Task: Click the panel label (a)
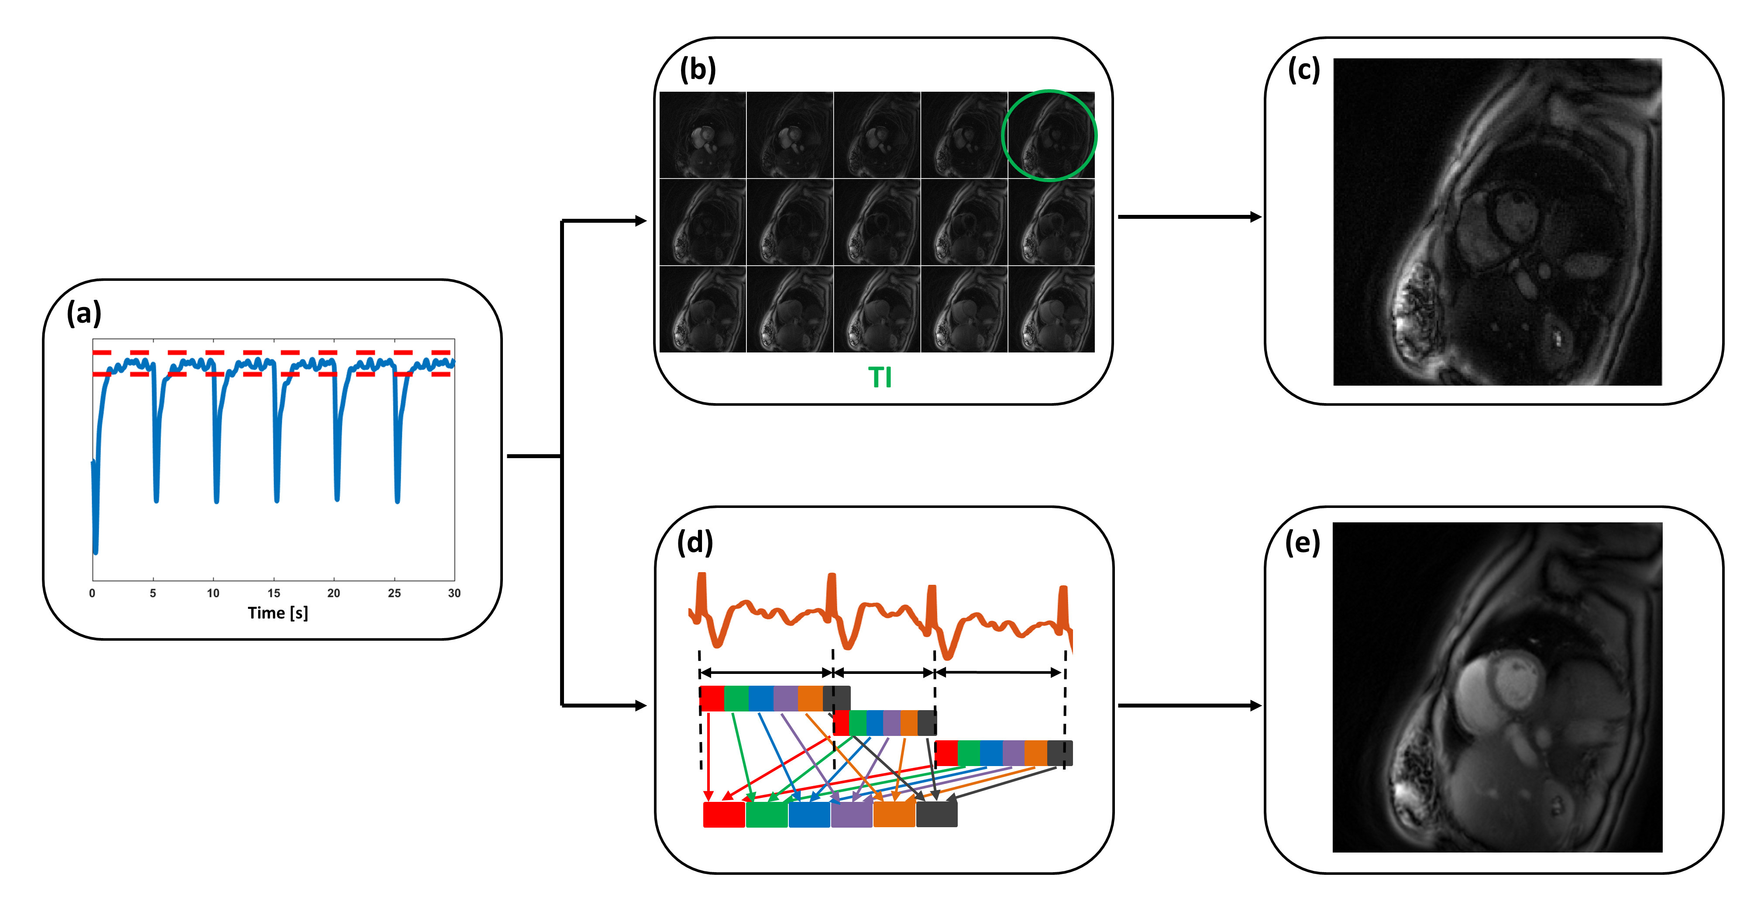[x=84, y=314]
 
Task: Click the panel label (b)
[x=698, y=69]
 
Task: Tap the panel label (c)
[x=1303, y=69]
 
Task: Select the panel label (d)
[x=695, y=542]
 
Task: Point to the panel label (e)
[x=1302, y=542]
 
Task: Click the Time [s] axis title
[x=278, y=613]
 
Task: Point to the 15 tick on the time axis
[x=274, y=593]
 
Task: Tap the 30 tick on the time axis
[x=454, y=593]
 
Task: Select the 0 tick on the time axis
[x=93, y=593]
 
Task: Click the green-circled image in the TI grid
[x=1050, y=135]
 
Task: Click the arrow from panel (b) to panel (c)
[x=1189, y=217]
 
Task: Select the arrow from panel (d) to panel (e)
[x=1189, y=705]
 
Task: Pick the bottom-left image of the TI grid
[x=702, y=309]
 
